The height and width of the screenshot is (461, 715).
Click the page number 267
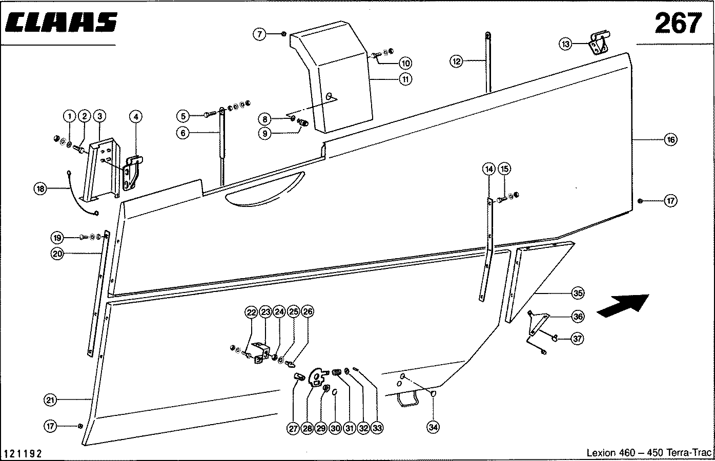pos(678,23)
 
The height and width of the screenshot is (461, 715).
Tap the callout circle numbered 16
pos(670,139)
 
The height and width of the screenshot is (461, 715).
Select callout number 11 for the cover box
pos(405,79)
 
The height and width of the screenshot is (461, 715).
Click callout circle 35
pos(578,294)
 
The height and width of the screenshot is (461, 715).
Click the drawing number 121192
pos(23,453)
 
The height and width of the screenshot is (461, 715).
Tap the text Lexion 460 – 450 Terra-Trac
pos(648,453)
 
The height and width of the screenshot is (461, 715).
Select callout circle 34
pos(434,427)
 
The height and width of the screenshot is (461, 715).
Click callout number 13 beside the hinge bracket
pos(565,45)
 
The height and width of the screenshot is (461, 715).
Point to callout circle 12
pos(457,61)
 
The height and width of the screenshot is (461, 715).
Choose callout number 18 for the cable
pos(40,188)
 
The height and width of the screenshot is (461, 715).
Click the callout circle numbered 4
pos(135,116)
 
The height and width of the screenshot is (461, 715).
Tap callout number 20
pos(57,253)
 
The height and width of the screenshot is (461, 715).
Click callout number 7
pos(260,34)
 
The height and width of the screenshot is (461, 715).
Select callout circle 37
pos(578,339)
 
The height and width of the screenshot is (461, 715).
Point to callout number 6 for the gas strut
pos(183,132)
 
